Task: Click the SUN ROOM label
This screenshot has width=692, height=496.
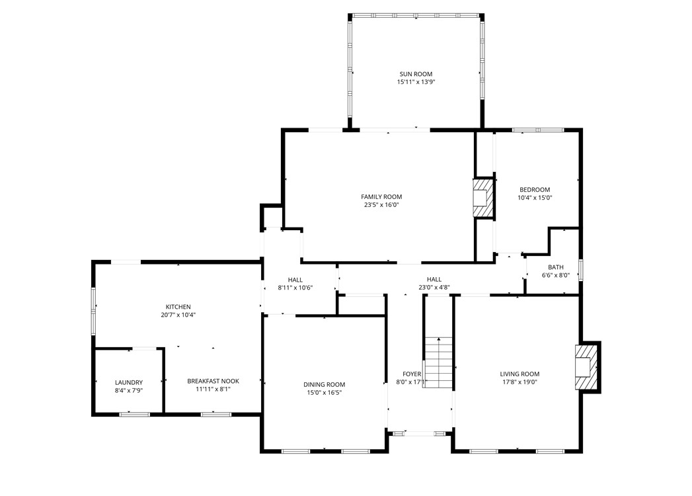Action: (x=416, y=74)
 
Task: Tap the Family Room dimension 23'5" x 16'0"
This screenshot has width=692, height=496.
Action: (x=381, y=205)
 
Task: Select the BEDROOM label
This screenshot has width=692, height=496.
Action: (x=535, y=190)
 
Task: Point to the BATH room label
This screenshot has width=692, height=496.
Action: (x=556, y=267)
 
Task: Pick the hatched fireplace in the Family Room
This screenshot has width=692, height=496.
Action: (x=483, y=198)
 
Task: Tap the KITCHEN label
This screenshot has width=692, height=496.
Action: (x=178, y=307)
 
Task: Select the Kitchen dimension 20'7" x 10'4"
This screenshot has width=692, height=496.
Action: (x=178, y=315)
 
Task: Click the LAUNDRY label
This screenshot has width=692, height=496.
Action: (x=129, y=382)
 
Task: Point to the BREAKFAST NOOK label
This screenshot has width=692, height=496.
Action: (x=213, y=381)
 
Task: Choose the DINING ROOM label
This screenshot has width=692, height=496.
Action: (x=325, y=385)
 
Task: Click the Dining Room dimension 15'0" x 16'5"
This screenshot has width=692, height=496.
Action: (x=325, y=393)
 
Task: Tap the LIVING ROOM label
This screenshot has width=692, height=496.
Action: (x=519, y=374)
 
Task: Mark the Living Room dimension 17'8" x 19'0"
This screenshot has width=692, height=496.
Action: (x=519, y=382)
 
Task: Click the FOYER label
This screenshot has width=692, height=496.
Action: (x=411, y=374)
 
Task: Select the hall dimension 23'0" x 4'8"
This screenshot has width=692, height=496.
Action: (x=434, y=288)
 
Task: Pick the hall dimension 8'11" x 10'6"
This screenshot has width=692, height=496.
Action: (x=295, y=288)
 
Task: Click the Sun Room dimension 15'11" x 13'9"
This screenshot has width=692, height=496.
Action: (x=416, y=82)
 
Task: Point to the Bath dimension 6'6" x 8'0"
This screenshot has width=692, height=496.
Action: (x=556, y=275)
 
